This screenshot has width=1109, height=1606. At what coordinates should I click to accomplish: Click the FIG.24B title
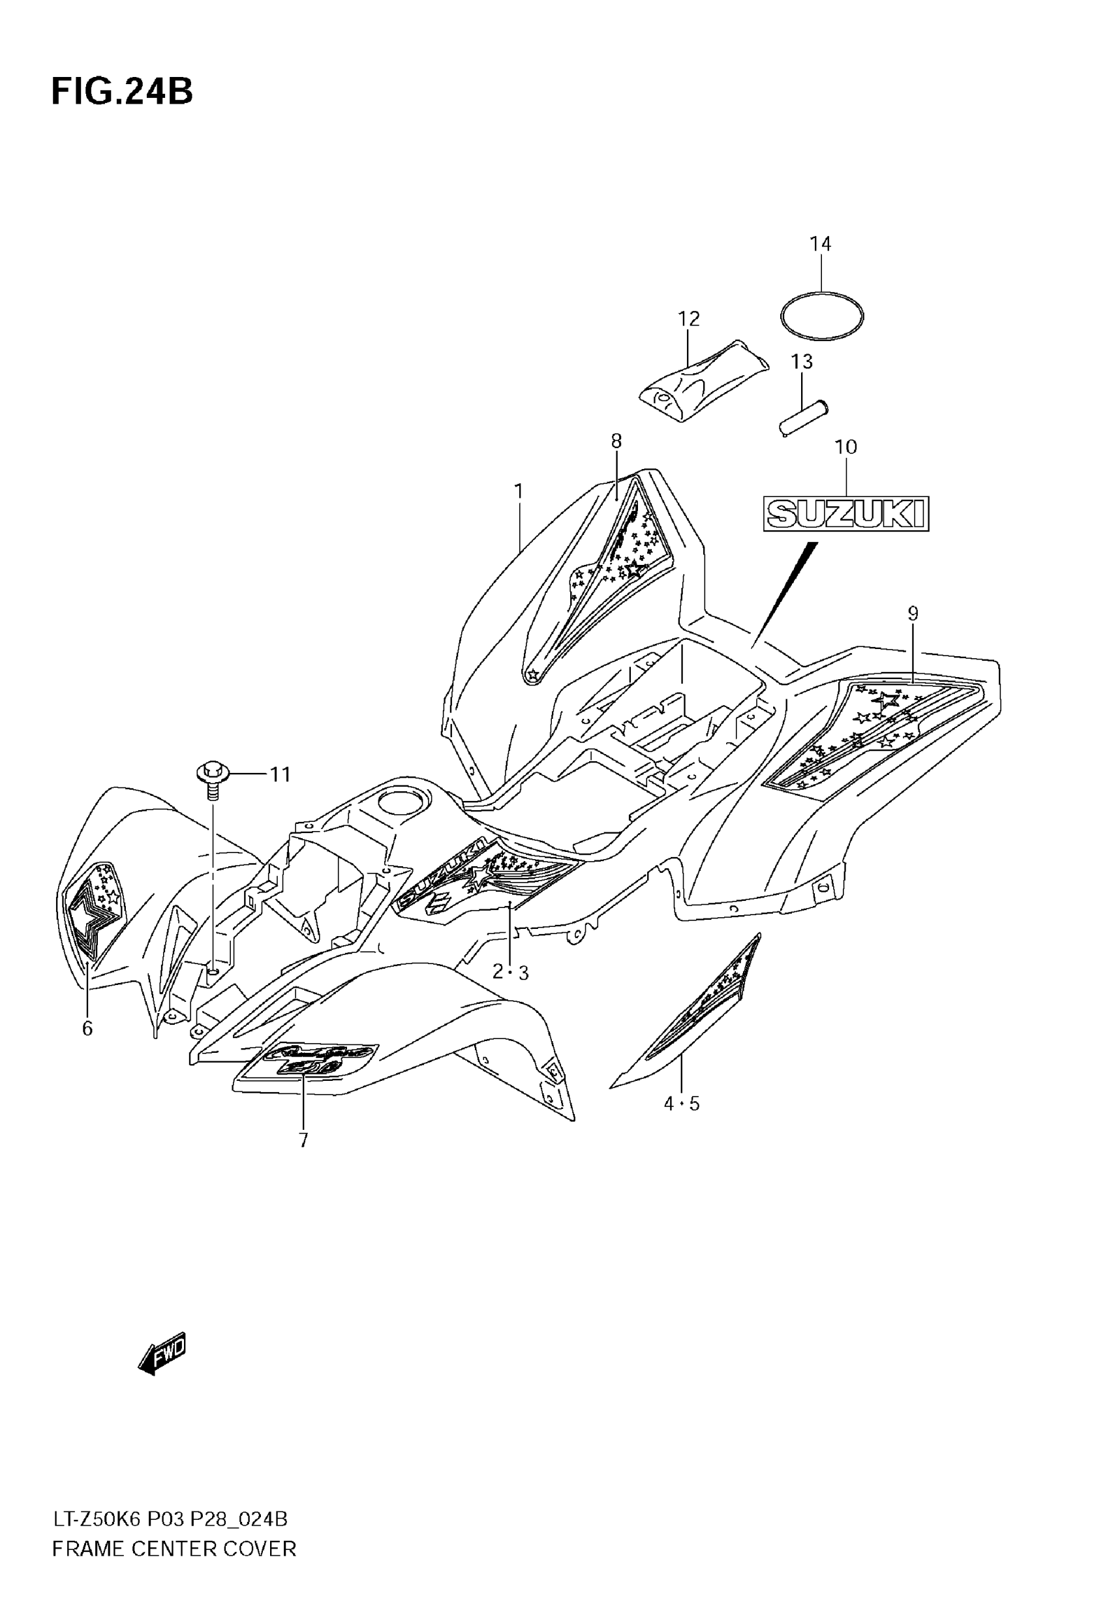point(122,91)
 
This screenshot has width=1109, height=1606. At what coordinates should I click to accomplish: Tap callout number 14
point(820,244)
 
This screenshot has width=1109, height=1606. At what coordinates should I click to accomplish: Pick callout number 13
point(801,362)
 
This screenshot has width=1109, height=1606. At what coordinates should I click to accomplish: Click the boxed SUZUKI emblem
point(845,514)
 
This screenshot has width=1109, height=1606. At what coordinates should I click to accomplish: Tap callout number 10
point(845,447)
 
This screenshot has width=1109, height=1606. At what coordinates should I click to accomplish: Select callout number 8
point(616,441)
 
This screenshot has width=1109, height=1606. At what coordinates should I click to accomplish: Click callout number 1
point(519,492)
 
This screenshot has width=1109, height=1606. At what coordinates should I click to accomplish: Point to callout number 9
point(913,614)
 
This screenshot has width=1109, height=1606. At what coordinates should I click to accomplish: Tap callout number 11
point(280,774)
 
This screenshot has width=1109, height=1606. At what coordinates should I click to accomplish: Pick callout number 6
point(87,1029)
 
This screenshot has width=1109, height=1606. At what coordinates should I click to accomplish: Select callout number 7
point(303,1141)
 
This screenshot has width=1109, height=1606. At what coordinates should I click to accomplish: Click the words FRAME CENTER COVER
point(174,1549)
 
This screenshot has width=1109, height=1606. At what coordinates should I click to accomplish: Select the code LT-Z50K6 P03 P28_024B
point(170,1519)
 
